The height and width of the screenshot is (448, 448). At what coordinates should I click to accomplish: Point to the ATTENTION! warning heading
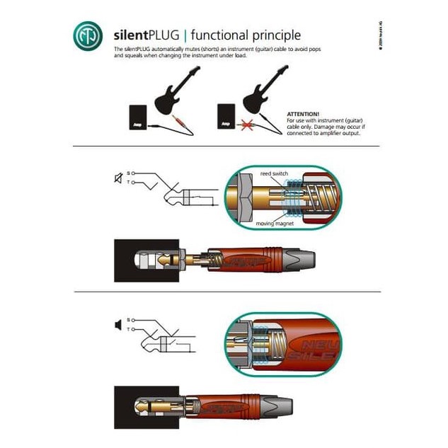coord(302,113)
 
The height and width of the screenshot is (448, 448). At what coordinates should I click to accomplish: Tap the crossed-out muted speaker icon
coord(117,178)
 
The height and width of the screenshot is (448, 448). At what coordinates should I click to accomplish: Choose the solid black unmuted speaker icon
coord(117,325)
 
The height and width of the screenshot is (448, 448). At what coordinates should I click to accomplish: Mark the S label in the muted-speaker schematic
coord(128,173)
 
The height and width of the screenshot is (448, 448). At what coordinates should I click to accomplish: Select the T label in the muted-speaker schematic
coord(128,183)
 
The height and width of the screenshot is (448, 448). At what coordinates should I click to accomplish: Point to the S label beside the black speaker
coord(128,320)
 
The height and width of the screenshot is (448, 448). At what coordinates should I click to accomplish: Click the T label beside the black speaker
coord(128,329)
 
